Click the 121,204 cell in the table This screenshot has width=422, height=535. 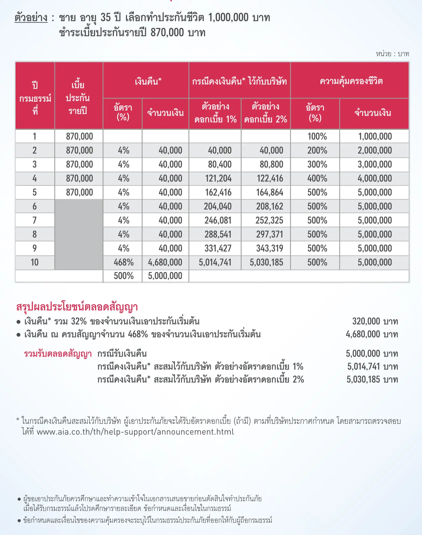tap(218, 178)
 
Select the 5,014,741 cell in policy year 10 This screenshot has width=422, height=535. tap(215, 262)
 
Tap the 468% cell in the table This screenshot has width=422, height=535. tap(124, 262)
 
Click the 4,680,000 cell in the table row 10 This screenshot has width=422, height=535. tap(165, 262)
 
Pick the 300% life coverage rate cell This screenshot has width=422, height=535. tap(317, 164)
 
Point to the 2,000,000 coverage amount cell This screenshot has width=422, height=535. tap(375, 150)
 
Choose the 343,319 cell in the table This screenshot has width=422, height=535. tap(269, 248)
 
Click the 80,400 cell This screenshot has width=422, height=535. tap(220, 164)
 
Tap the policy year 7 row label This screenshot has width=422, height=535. tap(34, 220)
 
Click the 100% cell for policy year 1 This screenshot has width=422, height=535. tap(317, 136)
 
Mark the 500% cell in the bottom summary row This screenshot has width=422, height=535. tap(124, 276)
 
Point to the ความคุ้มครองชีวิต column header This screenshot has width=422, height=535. tap(351, 81)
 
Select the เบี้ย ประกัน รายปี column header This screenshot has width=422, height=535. tap(78, 98)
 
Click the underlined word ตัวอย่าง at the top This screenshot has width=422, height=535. tap(31, 18)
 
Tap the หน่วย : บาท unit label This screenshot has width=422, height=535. tap(392, 54)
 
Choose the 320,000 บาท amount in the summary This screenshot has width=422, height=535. tap(375, 321)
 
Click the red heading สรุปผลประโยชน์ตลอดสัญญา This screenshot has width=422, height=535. tap(77, 307)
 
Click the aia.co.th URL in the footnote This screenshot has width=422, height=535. tap(135, 432)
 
